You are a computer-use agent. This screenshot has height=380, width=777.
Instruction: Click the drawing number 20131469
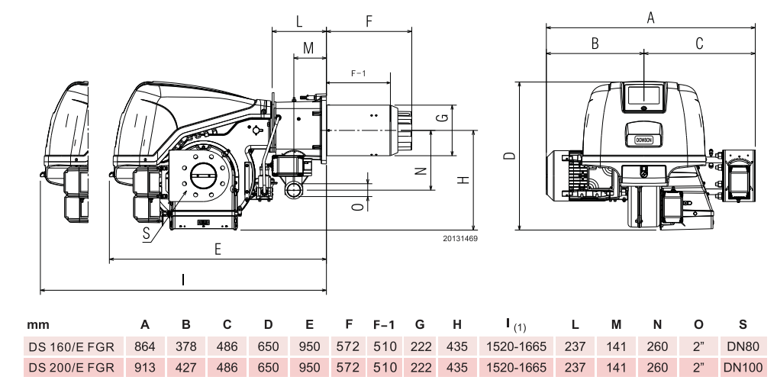tap(459, 239)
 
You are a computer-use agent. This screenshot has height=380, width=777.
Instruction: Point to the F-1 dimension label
tap(359, 73)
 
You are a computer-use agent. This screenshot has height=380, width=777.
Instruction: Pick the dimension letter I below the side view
tap(183, 279)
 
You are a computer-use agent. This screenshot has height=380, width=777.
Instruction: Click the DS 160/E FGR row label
tap(71, 346)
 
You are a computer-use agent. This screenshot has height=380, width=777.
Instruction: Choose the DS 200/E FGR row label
tap(71, 367)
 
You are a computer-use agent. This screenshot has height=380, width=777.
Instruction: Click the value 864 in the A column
tap(144, 346)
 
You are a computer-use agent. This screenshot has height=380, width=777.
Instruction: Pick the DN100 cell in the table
tap(743, 367)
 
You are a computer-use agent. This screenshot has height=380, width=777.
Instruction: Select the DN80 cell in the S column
tap(743, 346)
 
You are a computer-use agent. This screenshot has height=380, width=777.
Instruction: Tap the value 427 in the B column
tap(185, 367)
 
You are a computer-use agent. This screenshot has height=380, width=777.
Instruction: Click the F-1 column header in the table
tap(383, 325)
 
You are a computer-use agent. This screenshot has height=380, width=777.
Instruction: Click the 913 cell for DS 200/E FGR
tap(144, 367)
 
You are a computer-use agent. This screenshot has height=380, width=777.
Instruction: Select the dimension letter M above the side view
tap(308, 48)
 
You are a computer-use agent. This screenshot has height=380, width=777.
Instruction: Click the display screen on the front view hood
tap(643, 95)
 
